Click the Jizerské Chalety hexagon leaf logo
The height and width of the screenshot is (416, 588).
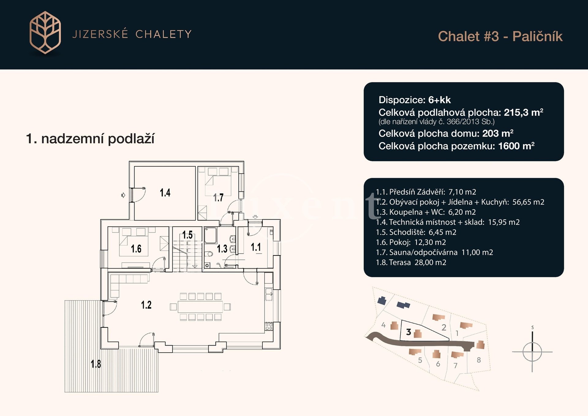click(45, 33)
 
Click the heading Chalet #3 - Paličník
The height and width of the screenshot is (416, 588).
click(500, 36)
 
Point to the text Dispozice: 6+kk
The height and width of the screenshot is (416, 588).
click(415, 100)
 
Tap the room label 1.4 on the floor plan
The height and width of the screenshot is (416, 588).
click(165, 193)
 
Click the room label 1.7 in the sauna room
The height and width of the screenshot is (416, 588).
click(218, 198)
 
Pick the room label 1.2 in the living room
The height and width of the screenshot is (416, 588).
click(146, 305)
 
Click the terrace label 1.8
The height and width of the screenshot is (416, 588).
click(96, 364)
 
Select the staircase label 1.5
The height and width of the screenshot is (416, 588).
click(187, 235)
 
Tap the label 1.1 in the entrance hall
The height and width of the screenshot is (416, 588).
click(256, 247)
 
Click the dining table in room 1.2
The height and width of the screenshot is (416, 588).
click(200, 307)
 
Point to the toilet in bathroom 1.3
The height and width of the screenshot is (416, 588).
click(209, 254)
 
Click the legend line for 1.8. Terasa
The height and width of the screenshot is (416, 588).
click(411, 262)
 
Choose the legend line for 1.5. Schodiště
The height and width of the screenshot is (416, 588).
click(416, 232)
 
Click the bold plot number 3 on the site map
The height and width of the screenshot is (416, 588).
click(409, 332)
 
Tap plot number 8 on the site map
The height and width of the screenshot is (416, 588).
click(479, 360)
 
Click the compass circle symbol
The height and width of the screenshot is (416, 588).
click(532, 352)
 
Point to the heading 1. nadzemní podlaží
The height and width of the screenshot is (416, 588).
click(90, 139)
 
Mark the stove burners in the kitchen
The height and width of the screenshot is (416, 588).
click(269, 327)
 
